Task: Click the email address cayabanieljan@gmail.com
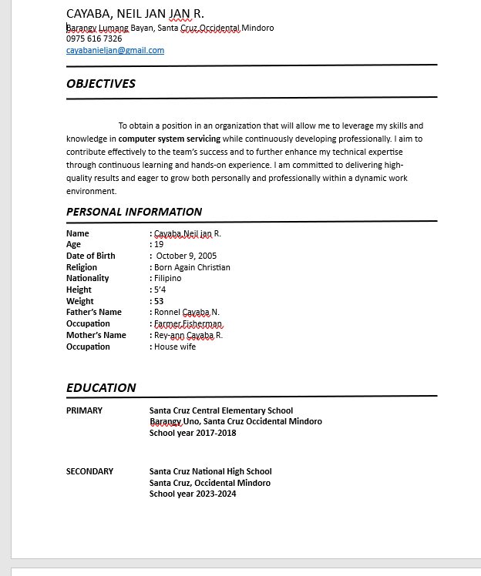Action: (x=115, y=50)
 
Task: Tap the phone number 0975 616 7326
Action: (x=94, y=39)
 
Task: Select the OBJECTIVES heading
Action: (x=101, y=83)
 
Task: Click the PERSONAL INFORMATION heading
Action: (x=134, y=212)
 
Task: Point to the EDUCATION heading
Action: (x=101, y=387)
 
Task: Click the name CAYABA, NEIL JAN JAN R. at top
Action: (x=135, y=13)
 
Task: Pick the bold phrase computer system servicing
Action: (x=170, y=139)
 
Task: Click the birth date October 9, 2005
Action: (x=187, y=256)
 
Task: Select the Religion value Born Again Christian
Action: (x=192, y=267)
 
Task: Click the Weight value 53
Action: (x=159, y=301)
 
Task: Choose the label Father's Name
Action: (x=94, y=312)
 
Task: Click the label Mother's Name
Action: (x=96, y=335)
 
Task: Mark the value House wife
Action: (x=175, y=347)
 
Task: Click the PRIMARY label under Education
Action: (x=84, y=410)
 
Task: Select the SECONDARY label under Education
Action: (x=89, y=471)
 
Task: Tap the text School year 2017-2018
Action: (x=193, y=433)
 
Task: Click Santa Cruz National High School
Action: (x=210, y=471)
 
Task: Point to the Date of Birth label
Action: (x=91, y=256)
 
